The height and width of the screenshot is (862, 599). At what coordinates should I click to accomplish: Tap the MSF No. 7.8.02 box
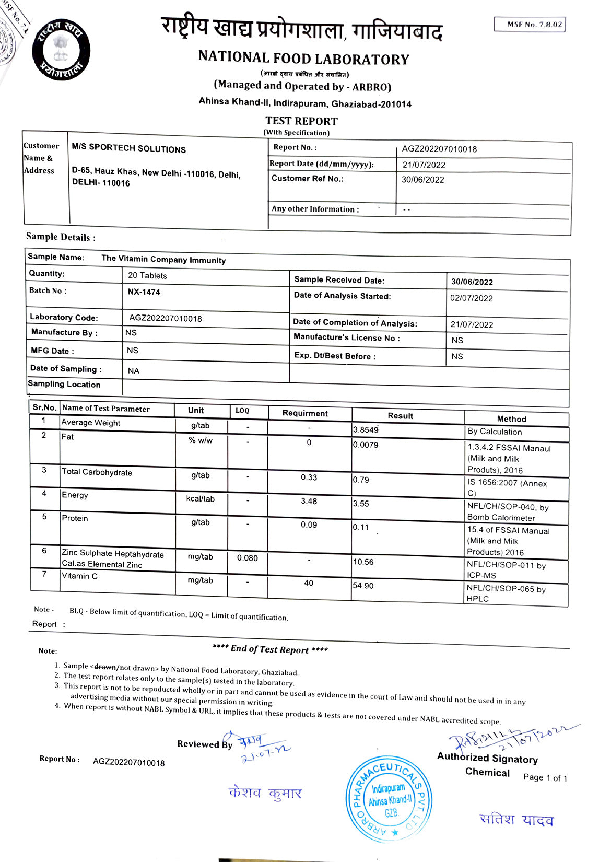point(530,25)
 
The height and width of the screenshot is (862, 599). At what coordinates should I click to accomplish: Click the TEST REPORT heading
point(301,121)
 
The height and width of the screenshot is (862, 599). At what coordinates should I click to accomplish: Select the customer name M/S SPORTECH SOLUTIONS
point(128,148)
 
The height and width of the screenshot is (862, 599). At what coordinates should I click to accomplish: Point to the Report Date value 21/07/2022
point(424,165)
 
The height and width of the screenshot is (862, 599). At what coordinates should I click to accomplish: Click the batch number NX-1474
point(144,292)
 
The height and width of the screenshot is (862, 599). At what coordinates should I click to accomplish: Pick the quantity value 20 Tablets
point(147,275)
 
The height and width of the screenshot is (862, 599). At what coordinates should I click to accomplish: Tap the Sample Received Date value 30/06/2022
point(472,282)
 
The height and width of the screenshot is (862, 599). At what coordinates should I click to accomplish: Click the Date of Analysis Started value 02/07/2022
point(471,298)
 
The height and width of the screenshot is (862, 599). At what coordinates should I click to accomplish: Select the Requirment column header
point(305,413)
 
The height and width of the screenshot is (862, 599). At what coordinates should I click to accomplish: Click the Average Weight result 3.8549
point(366,430)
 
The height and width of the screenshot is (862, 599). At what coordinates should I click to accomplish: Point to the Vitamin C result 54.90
point(363,586)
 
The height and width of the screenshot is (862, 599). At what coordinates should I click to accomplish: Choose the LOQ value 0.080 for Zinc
point(247,558)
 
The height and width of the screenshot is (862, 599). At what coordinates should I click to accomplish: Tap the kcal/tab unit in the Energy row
point(200,499)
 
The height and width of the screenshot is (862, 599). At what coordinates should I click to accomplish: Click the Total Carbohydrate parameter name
point(97,472)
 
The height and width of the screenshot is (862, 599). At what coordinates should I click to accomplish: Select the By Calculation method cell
point(494,432)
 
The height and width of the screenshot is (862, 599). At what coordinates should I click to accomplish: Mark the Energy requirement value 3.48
point(309,501)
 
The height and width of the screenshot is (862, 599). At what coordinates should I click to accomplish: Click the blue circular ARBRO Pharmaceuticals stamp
point(390,799)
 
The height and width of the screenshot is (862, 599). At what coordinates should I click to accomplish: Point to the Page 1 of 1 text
point(545,778)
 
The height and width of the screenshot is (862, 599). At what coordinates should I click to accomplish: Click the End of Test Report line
point(270,649)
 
